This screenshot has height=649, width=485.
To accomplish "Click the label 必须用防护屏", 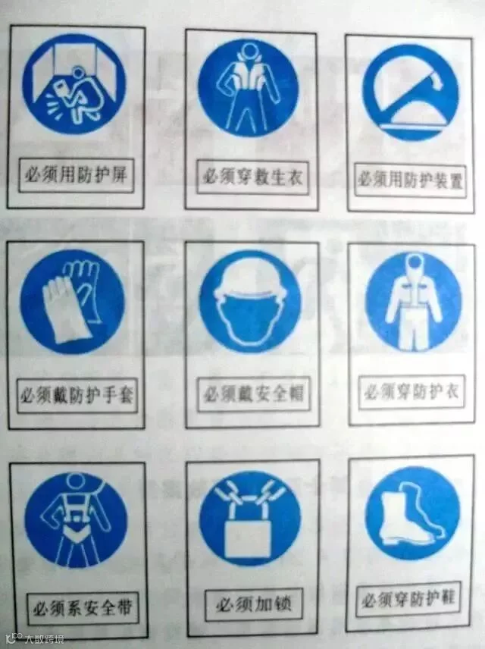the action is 76,175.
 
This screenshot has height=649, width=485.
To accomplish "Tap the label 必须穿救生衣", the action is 252,177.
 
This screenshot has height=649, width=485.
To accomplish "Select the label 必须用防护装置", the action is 410,180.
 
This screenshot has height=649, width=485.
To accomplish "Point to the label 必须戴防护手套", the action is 77,395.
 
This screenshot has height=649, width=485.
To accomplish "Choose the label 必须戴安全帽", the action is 253,393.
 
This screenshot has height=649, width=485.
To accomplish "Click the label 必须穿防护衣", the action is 411,391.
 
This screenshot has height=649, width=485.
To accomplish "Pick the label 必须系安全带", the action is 83,607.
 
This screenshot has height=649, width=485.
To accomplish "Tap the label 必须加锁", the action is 253,605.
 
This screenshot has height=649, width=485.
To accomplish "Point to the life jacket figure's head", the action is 249,51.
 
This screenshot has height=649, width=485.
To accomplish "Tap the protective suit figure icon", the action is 412,303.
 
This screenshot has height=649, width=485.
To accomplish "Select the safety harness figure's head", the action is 76,481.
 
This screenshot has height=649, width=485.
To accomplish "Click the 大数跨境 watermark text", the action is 44,639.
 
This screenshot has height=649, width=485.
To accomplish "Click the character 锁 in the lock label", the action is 281,604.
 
